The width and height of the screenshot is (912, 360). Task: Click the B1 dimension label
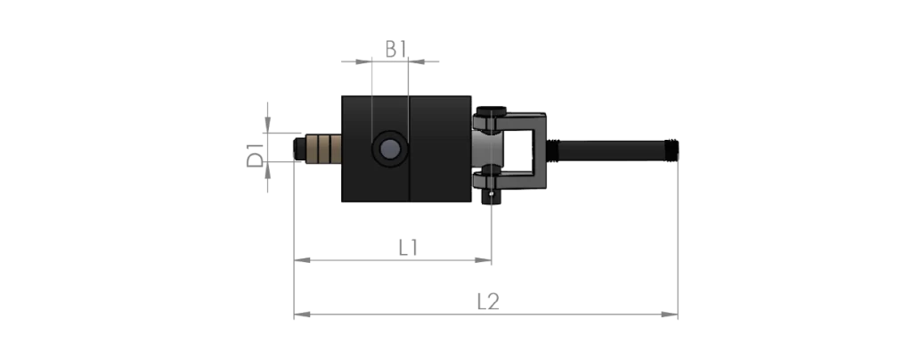click(395, 49)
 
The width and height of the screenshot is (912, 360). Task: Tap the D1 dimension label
click(255, 153)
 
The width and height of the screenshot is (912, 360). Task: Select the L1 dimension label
click(408, 248)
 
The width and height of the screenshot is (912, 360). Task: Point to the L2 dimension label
click(489, 301)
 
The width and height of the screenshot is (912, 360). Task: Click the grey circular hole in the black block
click(390, 150)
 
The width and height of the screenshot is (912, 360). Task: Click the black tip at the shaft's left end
click(299, 148)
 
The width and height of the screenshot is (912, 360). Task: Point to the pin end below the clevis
click(492, 197)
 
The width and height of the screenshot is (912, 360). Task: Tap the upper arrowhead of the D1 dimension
click(267, 125)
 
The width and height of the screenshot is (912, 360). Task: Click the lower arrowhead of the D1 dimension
click(267, 170)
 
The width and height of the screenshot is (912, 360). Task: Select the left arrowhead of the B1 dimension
click(363, 61)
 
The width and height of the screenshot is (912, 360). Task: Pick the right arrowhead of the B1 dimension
click(416, 61)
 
